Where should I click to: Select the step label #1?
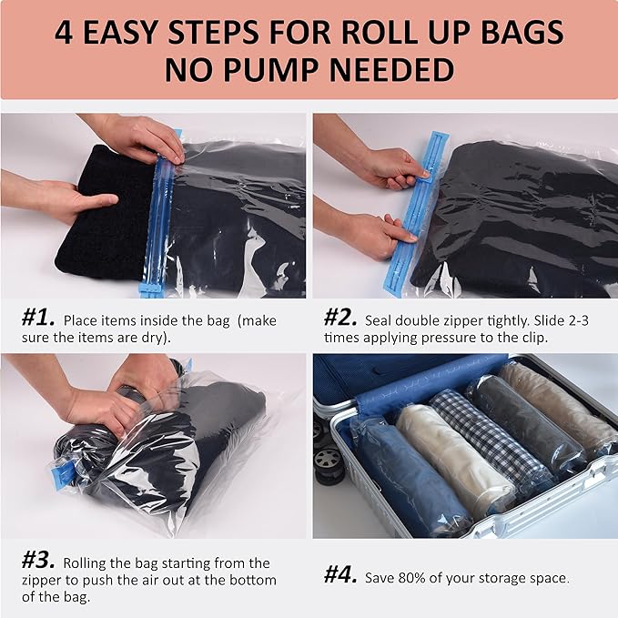point(38,320)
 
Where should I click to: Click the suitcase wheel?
point(328,464)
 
